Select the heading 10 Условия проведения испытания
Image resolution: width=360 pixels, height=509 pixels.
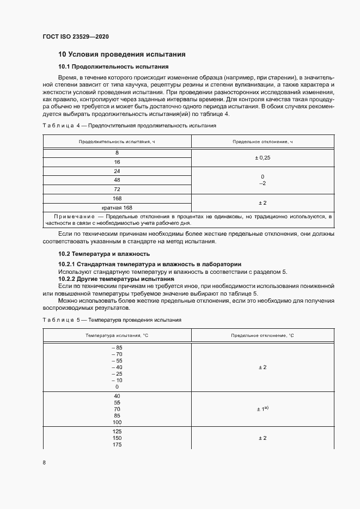click(x=122, y=54)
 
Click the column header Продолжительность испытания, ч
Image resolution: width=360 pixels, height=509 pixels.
click(x=117, y=142)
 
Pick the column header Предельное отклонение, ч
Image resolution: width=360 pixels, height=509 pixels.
click(x=263, y=142)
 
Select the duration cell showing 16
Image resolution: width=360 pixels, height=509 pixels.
click(x=117, y=162)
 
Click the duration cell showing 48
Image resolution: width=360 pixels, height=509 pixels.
click(x=117, y=180)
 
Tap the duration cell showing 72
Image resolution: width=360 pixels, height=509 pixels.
click(x=117, y=189)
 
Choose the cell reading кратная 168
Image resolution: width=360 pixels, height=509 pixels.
click(x=117, y=207)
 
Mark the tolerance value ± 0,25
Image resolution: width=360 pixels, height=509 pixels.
click(x=263, y=157)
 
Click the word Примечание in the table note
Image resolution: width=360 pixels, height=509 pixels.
click(x=74, y=217)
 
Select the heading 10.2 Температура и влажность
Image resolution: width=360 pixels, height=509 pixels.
click(x=103, y=254)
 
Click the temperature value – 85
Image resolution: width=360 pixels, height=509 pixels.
click(x=117, y=348)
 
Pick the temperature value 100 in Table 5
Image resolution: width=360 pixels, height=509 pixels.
click(x=117, y=422)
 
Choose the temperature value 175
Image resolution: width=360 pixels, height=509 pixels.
click(x=117, y=445)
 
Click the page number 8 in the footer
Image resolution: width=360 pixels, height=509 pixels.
click(x=44, y=463)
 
